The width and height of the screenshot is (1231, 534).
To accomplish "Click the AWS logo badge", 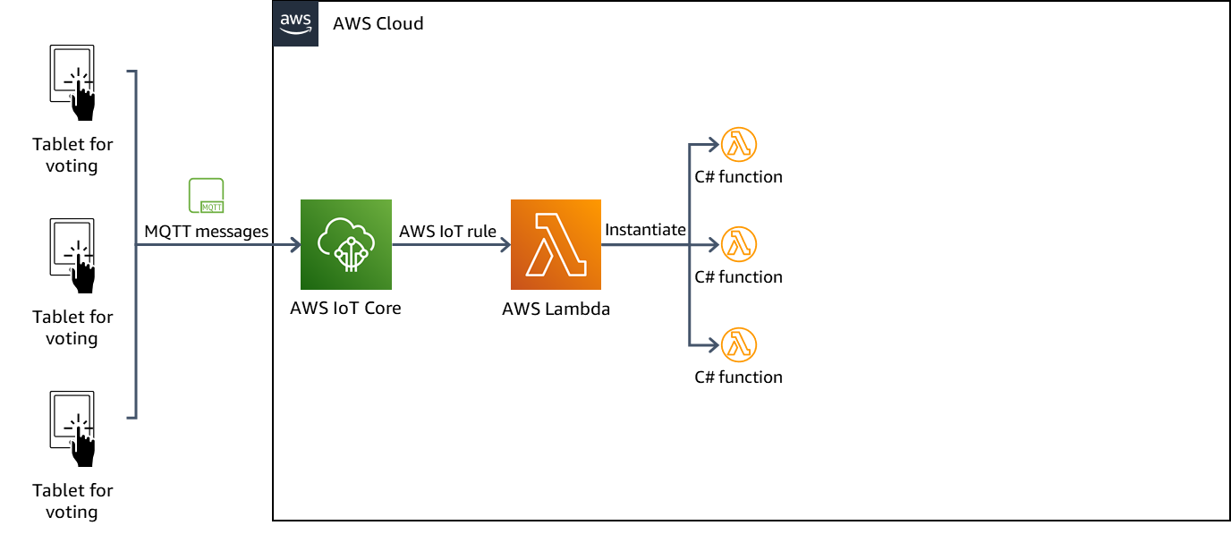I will click(x=295, y=23).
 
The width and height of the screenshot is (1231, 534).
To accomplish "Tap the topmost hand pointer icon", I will click(x=83, y=100).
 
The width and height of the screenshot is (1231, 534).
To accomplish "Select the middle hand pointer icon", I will click(x=83, y=274).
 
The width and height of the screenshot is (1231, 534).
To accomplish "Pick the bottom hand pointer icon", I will click(x=83, y=446).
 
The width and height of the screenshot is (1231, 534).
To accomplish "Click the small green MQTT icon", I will click(x=206, y=196).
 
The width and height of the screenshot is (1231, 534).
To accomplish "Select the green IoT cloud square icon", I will click(x=346, y=244).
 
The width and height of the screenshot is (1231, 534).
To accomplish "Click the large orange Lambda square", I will click(x=556, y=244).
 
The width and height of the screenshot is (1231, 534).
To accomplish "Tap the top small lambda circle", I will click(x=739, y=144).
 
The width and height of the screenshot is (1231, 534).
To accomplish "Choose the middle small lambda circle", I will click(x=739, y=244).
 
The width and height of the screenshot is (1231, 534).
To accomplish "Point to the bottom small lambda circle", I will click(x=739, y=345).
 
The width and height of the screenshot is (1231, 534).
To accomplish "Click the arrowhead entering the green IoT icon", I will click(x=296, y=244).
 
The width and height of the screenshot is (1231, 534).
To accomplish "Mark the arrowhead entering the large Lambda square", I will click(x=506, y=244).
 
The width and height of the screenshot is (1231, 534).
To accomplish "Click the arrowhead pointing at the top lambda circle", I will click(x=715, y=144).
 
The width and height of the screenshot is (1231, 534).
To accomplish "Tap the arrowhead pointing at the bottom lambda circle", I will click(x=715, y=345).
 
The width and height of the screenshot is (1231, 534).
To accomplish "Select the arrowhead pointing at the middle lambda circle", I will click(x=715, y=244).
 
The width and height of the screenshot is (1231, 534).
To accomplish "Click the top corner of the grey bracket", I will click(x=135, y=72).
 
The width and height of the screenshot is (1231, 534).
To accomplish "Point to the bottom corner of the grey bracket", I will click(x=135, y=417).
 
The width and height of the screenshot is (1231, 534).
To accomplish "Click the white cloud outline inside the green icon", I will click(x=341, y=234).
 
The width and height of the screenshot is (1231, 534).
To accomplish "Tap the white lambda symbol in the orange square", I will click(x=556, y=244).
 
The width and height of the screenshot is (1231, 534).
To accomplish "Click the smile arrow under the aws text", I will click(x=295, y=31).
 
